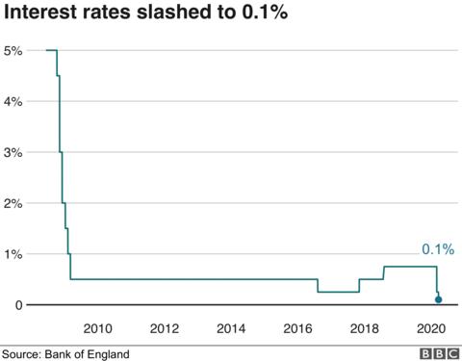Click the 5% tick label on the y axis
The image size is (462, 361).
tap(13, 50)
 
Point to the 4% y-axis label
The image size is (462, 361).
tap(13, 101)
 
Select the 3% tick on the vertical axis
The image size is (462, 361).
tap(13, 152)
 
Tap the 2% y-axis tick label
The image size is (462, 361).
tap(13, 203)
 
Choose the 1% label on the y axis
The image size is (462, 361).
tap(13, 254)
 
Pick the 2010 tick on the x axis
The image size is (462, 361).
tap(99, 327)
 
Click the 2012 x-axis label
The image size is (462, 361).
tap(165, 327)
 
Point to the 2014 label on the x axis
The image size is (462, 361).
tap(231, 327)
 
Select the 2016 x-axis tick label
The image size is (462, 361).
tap(297, 327)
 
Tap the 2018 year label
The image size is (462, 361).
tap(363, 327)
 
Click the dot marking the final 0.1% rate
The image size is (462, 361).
tap(439, 300)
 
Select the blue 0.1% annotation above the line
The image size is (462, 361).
tap(438, 249)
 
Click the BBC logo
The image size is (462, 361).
tap(437, 353)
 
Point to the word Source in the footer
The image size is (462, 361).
tap(21, 353)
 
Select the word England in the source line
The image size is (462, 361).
tap(106, 353)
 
